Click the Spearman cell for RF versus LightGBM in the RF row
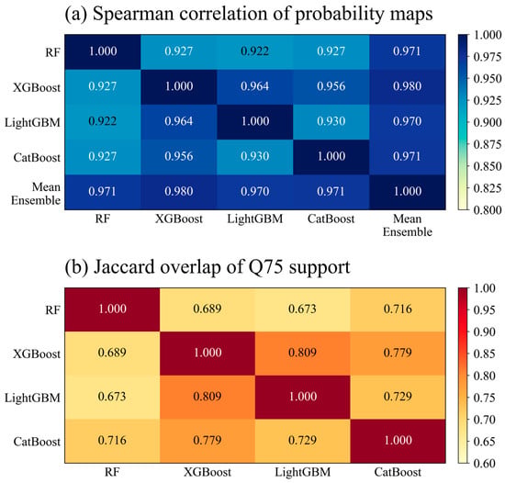point(254,51)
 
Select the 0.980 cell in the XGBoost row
point(408,87)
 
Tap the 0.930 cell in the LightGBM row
point(331,122)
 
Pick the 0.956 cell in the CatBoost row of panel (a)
point(179,157)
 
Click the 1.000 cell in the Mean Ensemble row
point(408,192)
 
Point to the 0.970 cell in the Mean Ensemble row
point(254,192)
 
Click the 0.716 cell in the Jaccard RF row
point(398,309)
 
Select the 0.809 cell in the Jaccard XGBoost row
point(303,354)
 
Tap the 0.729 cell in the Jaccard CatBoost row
point(303,441)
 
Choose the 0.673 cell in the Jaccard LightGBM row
point(112,398)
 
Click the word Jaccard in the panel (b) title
point(124,267)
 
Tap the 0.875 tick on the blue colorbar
point(488,144)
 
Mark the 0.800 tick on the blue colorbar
point(488,210)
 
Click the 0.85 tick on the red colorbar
point(484,354)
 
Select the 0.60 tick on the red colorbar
point(484,464)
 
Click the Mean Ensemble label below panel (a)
point(408,225)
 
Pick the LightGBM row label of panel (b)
point(32,398)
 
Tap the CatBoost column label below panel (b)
point(398,472)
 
